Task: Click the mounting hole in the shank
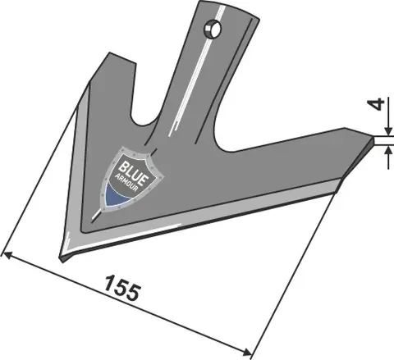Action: [213, 30]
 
